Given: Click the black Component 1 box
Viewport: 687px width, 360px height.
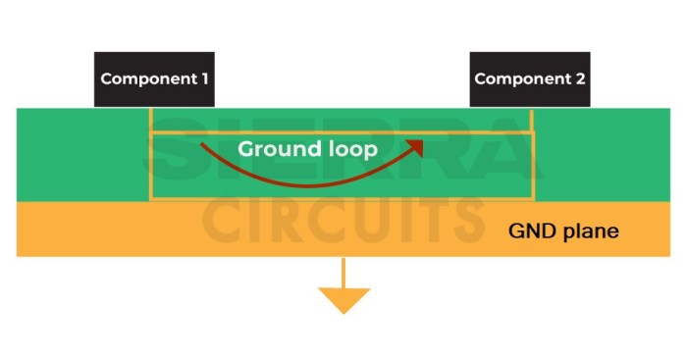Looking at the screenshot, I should click(155, 79).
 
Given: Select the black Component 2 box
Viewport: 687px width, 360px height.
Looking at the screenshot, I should click(530, 79).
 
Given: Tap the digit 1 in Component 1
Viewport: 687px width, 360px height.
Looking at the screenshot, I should click(205, 78).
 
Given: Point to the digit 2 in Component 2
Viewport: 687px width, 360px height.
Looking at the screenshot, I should click(580, 78).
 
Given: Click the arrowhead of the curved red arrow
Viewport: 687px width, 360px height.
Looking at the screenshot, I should click(416, 146).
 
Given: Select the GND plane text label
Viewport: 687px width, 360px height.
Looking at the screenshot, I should click(563, 231).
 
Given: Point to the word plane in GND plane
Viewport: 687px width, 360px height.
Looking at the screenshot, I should click(589, 231).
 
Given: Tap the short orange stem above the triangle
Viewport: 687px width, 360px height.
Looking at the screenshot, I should click(343, 272).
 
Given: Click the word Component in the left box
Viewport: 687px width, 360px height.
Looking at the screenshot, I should click(145, 78).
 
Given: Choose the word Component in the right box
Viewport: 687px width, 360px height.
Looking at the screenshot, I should click(520, 78).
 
